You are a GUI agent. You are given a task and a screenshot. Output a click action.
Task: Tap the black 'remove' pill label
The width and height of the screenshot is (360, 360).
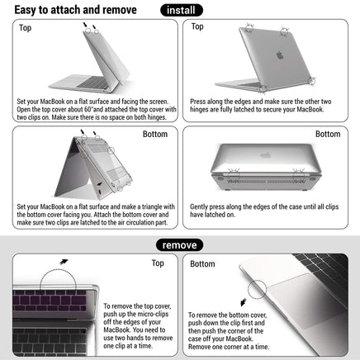180,245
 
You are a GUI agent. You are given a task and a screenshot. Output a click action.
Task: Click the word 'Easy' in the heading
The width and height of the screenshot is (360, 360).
31,10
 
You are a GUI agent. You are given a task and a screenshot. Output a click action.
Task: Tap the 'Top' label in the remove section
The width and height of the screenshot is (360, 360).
158,263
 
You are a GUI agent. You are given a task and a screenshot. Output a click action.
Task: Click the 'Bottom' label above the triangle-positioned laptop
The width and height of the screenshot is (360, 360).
154,134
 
